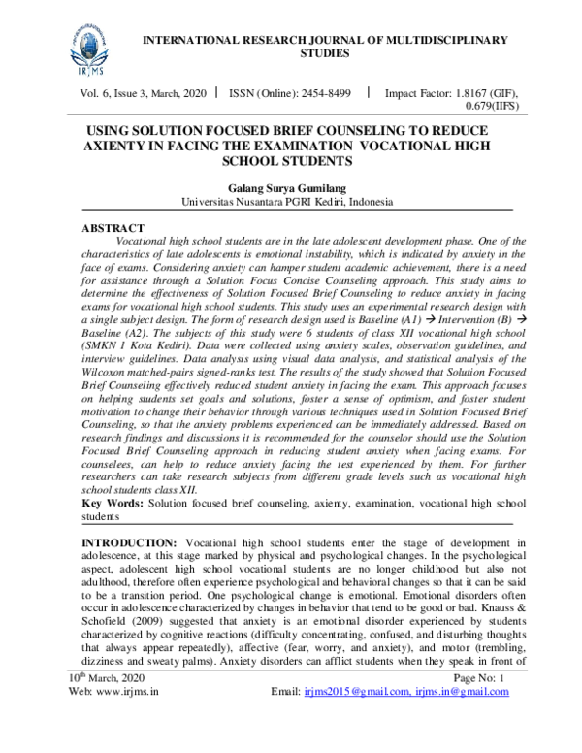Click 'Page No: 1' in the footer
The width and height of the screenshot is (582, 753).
492,728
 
